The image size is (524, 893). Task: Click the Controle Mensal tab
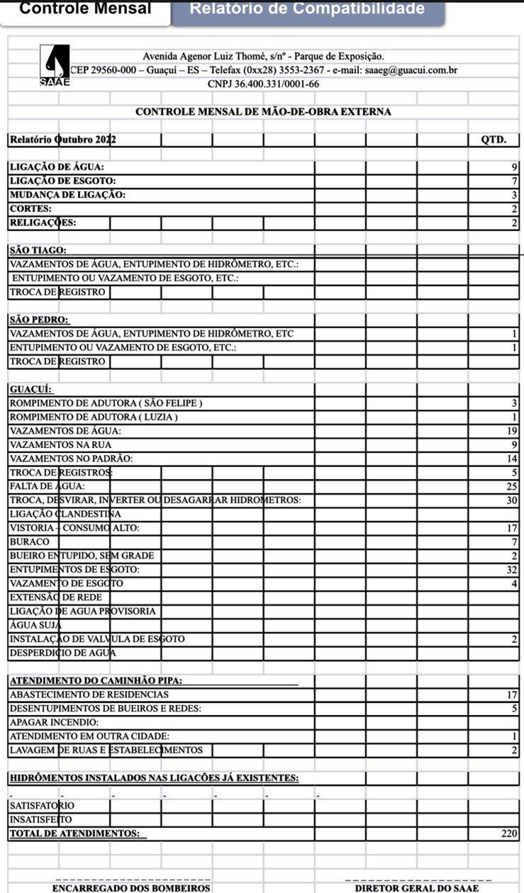[85, 9]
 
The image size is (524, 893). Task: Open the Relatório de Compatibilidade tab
[307, 9]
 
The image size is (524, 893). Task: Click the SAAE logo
[55, 66]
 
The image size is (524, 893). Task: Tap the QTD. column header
[494, 140]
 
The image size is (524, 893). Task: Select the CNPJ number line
[263, 84]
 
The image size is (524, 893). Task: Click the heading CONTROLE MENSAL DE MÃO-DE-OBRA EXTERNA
[263, 112]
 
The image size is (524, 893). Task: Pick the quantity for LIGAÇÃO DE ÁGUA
[515, 167]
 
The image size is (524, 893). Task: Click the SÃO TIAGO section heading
[38, 250]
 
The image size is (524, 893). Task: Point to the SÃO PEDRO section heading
[40, 320]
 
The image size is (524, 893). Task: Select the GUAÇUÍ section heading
[30, 389]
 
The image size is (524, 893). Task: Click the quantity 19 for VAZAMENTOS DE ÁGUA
[513, 431]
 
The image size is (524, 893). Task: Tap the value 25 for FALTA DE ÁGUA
[513, 486]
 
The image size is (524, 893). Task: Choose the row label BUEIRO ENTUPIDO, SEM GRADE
[82, 556]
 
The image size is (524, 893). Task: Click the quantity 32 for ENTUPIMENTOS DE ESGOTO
[513, 569]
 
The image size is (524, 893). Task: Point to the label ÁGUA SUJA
[35, 625]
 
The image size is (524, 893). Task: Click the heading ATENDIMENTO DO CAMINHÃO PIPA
[96, 681]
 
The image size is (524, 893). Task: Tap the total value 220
[510, 833]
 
